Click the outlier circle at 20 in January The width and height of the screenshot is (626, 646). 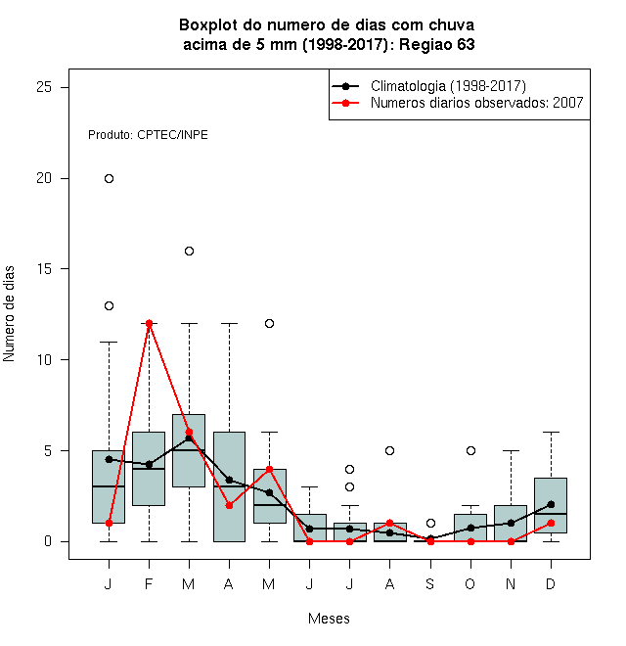coord(109,178)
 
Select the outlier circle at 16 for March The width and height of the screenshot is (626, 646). coord(189,251)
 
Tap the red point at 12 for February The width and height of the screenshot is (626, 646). coord(149,323)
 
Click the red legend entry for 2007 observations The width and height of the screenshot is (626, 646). coord(457,103)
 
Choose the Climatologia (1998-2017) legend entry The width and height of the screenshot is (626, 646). coord(428,86)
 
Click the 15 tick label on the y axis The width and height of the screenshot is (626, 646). coord(44,268)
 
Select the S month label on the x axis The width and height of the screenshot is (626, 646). coord(430,583)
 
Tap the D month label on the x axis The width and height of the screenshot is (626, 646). coord(551,583)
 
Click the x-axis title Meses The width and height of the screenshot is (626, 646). coord(329,619)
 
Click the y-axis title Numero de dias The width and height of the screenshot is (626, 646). coord(9,314)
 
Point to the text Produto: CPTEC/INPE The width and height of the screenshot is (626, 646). coord(148,135)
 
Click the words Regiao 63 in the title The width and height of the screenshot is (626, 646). coord(437,44)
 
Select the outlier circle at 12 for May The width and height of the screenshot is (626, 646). coord(269,323)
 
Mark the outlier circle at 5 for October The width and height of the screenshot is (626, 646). coord(470,450)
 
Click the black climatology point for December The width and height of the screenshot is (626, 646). coord(551,504)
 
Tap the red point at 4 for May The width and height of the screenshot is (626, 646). coord(269,469)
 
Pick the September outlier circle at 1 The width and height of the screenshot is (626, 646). coord(430,524)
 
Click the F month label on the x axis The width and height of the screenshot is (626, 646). coord(149,583)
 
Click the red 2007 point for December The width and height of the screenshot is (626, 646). coord(551,524)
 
